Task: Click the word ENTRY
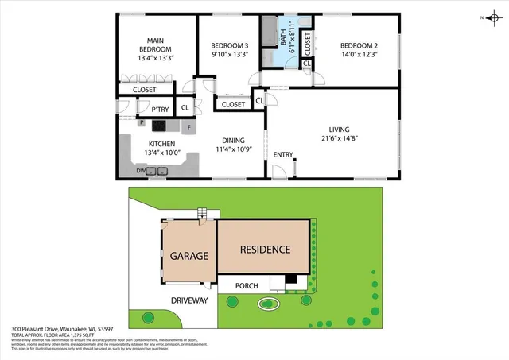282,154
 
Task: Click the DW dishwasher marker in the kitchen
140,171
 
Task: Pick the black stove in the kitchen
159,125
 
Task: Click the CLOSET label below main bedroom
144,90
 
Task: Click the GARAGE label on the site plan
188,256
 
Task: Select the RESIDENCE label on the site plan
266,249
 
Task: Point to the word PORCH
243,285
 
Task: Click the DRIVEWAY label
188,300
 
